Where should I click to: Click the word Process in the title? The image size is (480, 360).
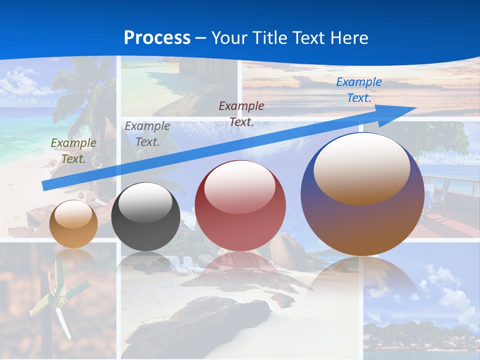pos(157,37)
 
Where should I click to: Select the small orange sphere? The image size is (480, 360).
pos(73,224)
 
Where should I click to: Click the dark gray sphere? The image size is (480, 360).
pos(145,216)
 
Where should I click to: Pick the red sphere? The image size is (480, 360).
pos(240,205)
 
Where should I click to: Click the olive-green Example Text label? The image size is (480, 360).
pos(73,151)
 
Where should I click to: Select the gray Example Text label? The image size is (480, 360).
pos(147,134)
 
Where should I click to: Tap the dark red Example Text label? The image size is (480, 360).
pos(241,114)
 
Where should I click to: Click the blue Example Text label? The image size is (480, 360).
pos(359,90)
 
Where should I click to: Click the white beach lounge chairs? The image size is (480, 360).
pos(183,264)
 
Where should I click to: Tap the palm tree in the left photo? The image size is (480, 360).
pos(85,95)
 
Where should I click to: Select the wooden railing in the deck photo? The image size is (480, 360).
pos(450,180)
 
